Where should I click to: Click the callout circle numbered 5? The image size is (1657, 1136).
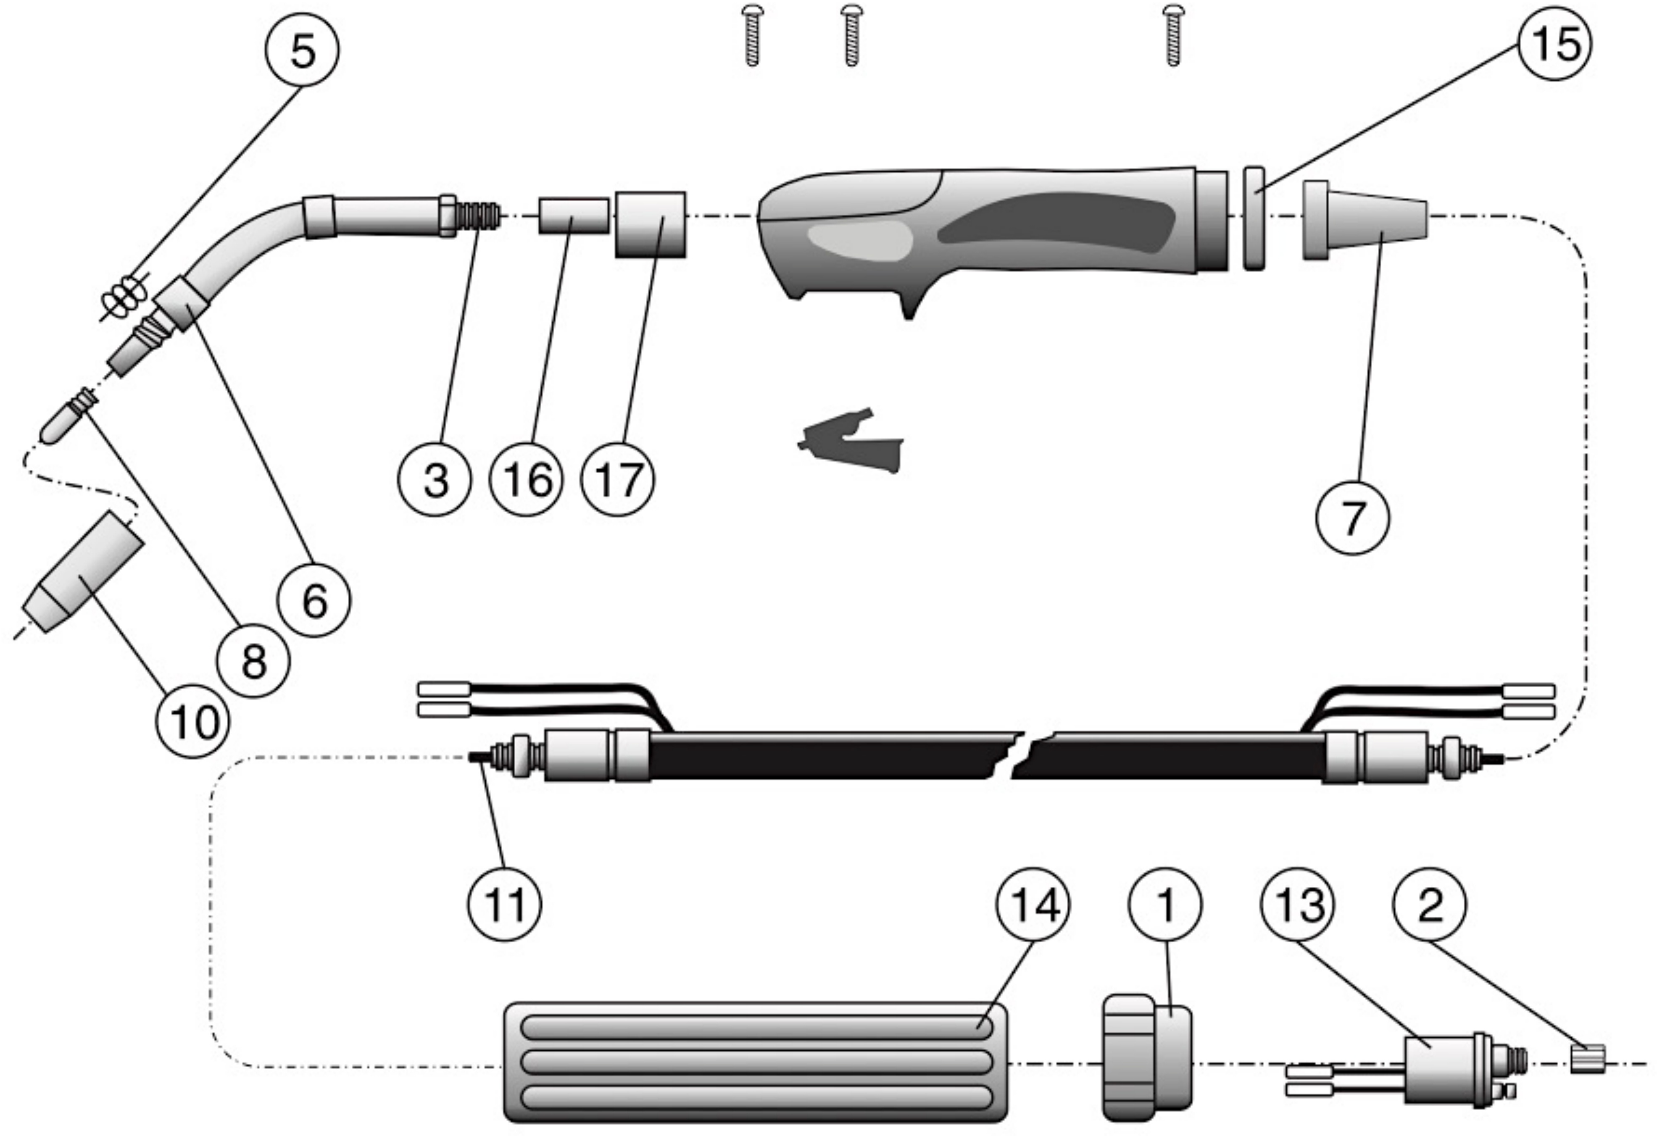coord(302,50)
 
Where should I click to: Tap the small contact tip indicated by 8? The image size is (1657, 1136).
coord(66,418)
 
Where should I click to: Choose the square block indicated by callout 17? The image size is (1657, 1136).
coord(650,224)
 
